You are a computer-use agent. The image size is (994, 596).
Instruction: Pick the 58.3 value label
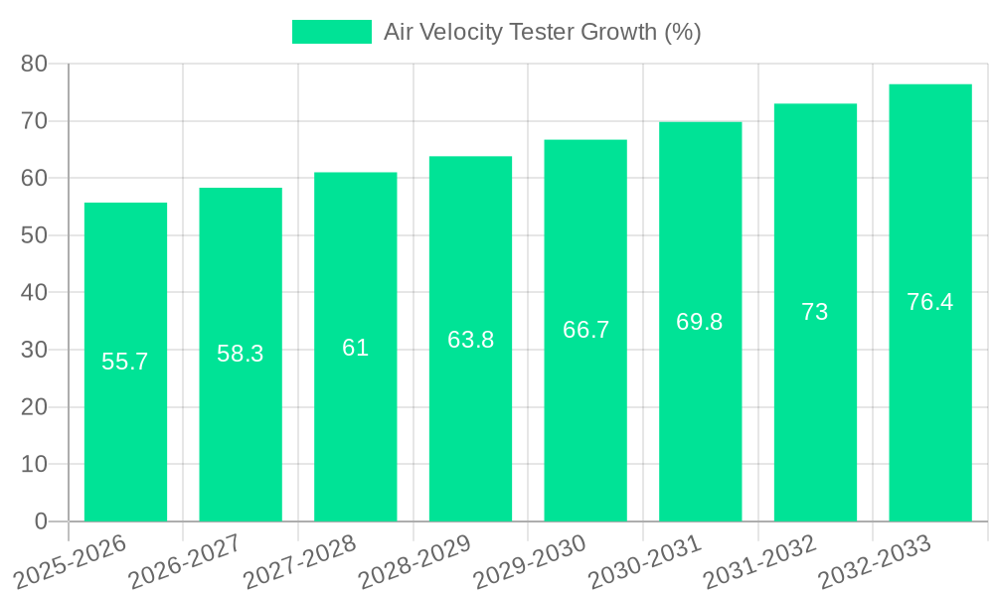tap(241, 354)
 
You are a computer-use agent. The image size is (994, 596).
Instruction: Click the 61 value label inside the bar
tap(355, 348)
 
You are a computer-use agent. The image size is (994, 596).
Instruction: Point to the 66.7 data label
tap(585, 331)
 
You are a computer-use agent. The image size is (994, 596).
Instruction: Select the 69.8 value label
tap(700, 322)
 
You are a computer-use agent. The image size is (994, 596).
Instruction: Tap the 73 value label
tap(815, 312)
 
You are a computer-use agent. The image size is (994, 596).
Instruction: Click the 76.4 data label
tap(930, 302)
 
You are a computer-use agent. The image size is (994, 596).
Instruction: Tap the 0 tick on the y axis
tap(41, 521)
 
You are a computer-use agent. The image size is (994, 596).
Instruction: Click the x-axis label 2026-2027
tap(183, 561)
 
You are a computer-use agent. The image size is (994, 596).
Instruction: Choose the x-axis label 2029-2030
tap(528, 561)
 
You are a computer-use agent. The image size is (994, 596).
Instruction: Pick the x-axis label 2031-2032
tap(758, 561)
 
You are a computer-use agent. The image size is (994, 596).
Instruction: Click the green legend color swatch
tap(331, 32)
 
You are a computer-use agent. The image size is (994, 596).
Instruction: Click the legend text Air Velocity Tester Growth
tap(543, 32)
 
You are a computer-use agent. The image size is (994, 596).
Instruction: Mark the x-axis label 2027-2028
tap(298, 561)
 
